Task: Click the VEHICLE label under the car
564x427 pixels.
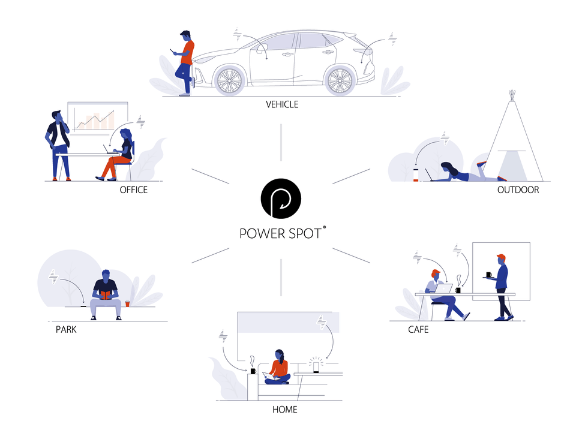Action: [282, 104]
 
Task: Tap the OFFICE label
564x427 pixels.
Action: [133, 190]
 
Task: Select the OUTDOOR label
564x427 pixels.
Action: [518, 190]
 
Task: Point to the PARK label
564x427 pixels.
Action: [66, 330]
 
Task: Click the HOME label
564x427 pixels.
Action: [285, 410]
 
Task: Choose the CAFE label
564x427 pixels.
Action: [418, 330]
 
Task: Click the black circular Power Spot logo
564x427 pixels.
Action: [281, 199]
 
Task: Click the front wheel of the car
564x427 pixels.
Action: [229, 80]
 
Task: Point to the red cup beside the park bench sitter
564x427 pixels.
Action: [127, 303]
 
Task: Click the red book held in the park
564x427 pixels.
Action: [106, 295]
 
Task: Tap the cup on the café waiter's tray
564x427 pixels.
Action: [489, 275]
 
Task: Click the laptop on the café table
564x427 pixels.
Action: [443, 288]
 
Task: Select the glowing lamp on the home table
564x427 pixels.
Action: [316, 366]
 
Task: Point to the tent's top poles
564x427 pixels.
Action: [512, 95]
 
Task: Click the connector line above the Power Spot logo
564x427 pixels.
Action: [281, 143]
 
